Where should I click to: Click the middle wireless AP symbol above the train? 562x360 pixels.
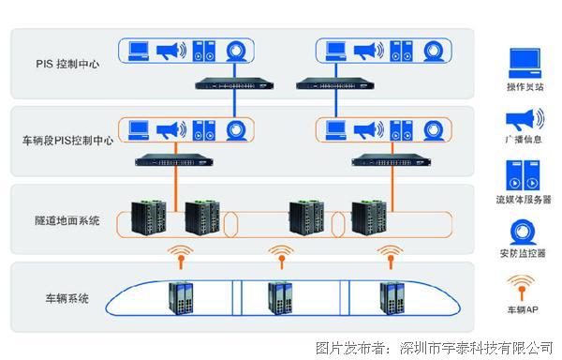277,255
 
